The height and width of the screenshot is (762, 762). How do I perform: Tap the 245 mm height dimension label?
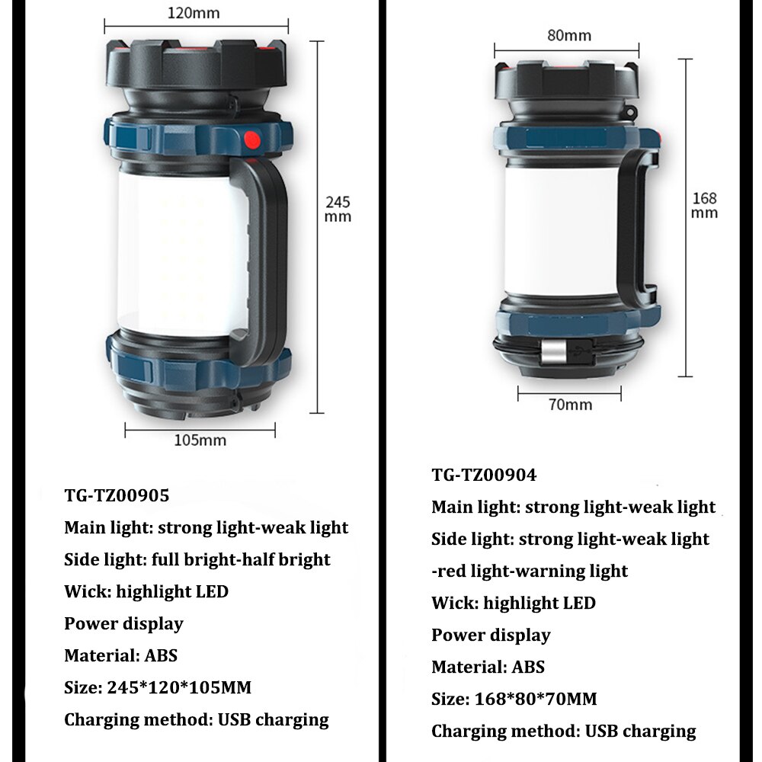pyautogui.click(x=338, y=209)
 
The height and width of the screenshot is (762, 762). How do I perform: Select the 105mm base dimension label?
pyautogui.click(x=200, y=440)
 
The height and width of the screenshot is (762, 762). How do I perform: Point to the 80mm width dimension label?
pyautogui.click(x=568, y=36)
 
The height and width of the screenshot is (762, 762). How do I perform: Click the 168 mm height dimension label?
pyautogui.click(x=704, y=205)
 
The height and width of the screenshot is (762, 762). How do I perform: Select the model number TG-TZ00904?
pyautogui.click(x=484, y=475)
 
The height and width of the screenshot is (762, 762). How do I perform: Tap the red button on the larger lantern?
pyautogui.click(x=251, y=141)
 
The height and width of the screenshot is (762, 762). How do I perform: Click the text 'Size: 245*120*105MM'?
pyautogui.click(x=158, y=687)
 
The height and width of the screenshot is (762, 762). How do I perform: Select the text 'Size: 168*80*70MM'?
pyautogui.click(x=514, y=699)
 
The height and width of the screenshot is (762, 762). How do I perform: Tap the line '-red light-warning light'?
pyautogui.click(x=530, y=571)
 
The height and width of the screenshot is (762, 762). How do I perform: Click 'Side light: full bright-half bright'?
pyautogui.click(x=197, y=559)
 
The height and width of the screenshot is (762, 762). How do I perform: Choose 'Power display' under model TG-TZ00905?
pyautogui.click(x=123, y=623)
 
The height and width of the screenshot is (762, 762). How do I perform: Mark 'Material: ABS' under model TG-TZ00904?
pyautogui.click(x=488, y=667)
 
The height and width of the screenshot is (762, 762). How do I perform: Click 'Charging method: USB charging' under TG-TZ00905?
pyautogui.click(x=197, y=719)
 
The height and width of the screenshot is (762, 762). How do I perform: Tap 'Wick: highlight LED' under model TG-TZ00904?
pyautogui.click(x=513, y=603)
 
